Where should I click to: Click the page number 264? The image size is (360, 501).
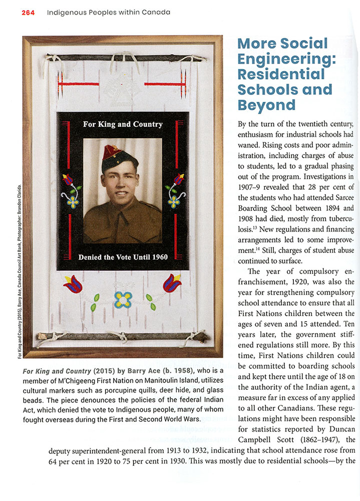point(28,12)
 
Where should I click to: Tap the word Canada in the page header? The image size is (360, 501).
point(155,12)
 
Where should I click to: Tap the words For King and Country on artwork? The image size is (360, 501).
point(123,124)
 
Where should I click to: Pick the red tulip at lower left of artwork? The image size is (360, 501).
point(73,284)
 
